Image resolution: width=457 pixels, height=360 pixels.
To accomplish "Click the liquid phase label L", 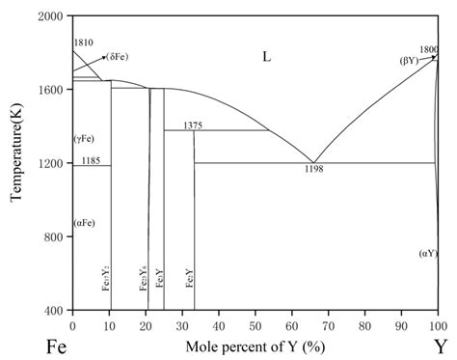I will click(267, 58).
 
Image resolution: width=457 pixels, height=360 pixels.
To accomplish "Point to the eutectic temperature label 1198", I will click(313, 170).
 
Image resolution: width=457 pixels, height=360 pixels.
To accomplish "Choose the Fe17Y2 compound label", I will click(107, 280).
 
